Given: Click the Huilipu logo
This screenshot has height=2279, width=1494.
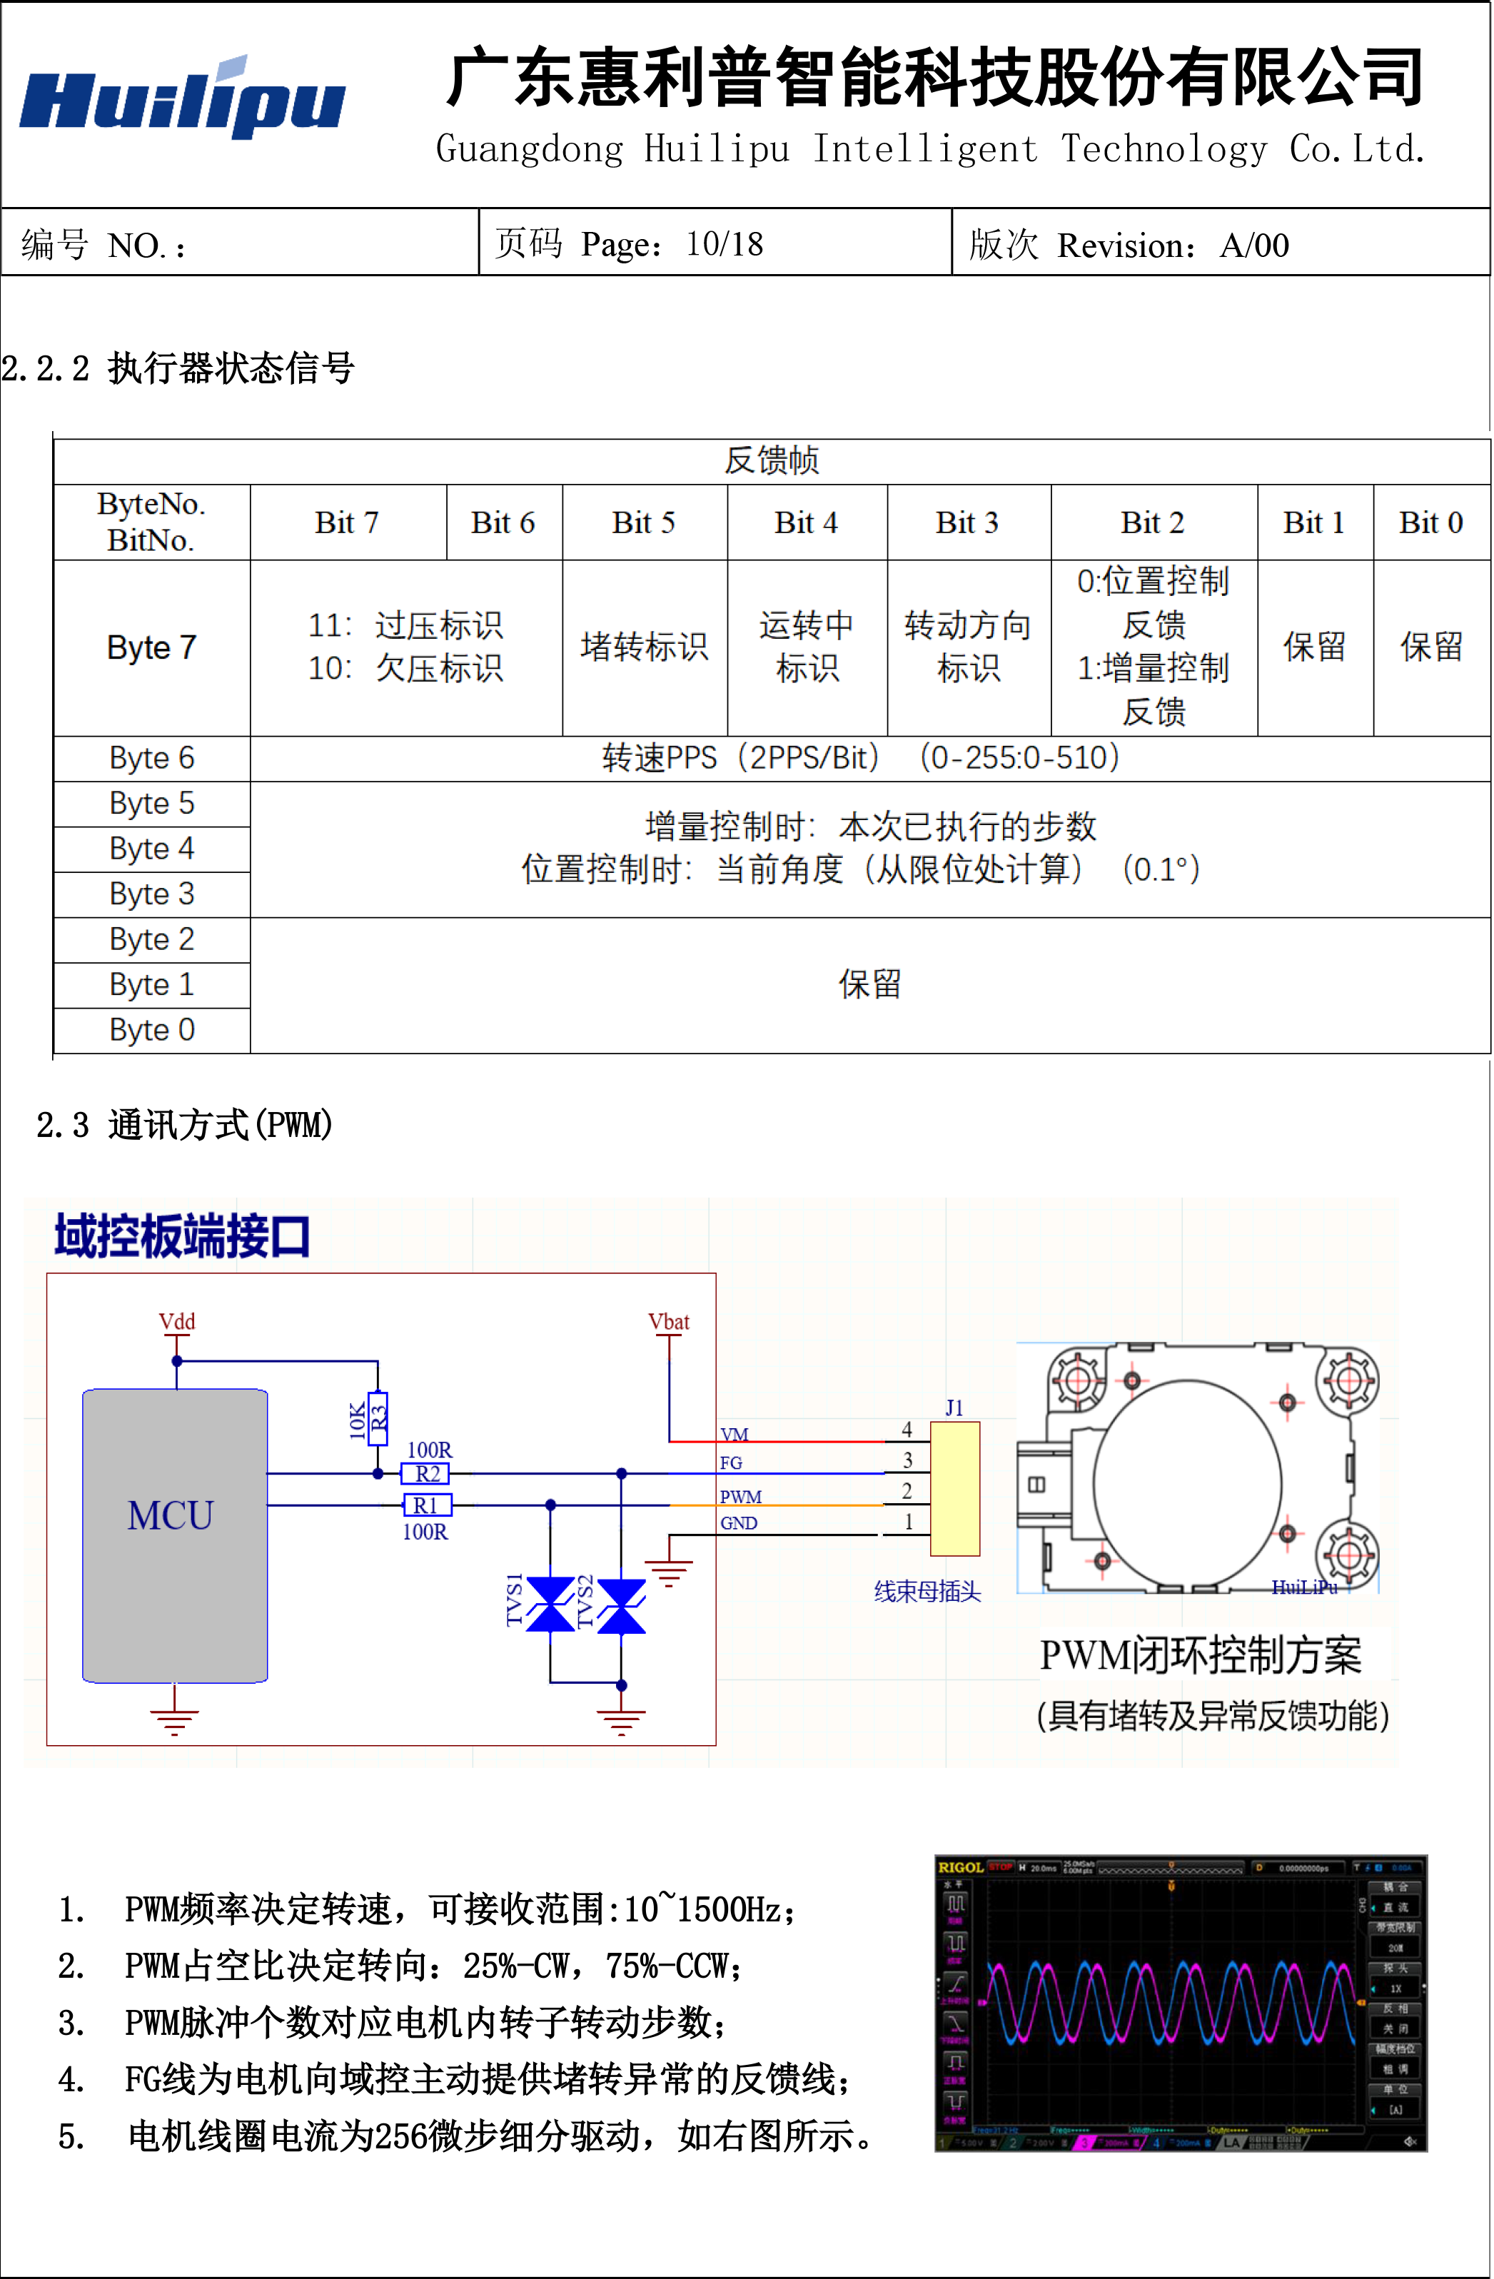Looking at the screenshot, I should tap(183, 100).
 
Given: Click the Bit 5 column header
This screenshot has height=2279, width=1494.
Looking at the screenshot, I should tap(644, 523).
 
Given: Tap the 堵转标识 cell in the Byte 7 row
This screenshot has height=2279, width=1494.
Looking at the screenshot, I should tap(644, 647).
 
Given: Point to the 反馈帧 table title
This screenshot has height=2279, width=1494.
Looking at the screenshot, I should tap(771, 460).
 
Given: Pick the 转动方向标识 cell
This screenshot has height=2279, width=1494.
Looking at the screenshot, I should tap(968, 647).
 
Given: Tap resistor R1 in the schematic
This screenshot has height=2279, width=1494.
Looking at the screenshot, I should tap(426, 1505).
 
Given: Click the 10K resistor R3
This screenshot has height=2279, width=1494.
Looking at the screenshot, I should tap(378, 1418).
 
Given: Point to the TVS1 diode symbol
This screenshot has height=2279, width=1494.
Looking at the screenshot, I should tap(550, 1604).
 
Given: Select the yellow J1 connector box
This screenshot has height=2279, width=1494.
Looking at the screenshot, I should tap(955, 1489).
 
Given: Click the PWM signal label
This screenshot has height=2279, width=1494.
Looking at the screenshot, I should tap(740, 1497).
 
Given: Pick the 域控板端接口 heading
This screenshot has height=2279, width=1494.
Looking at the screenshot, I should tap(182, 1236).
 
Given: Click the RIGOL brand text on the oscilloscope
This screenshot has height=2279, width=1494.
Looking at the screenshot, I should tap(961, 1867).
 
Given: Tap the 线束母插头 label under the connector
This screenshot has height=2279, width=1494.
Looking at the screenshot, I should tap(927, 1592).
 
